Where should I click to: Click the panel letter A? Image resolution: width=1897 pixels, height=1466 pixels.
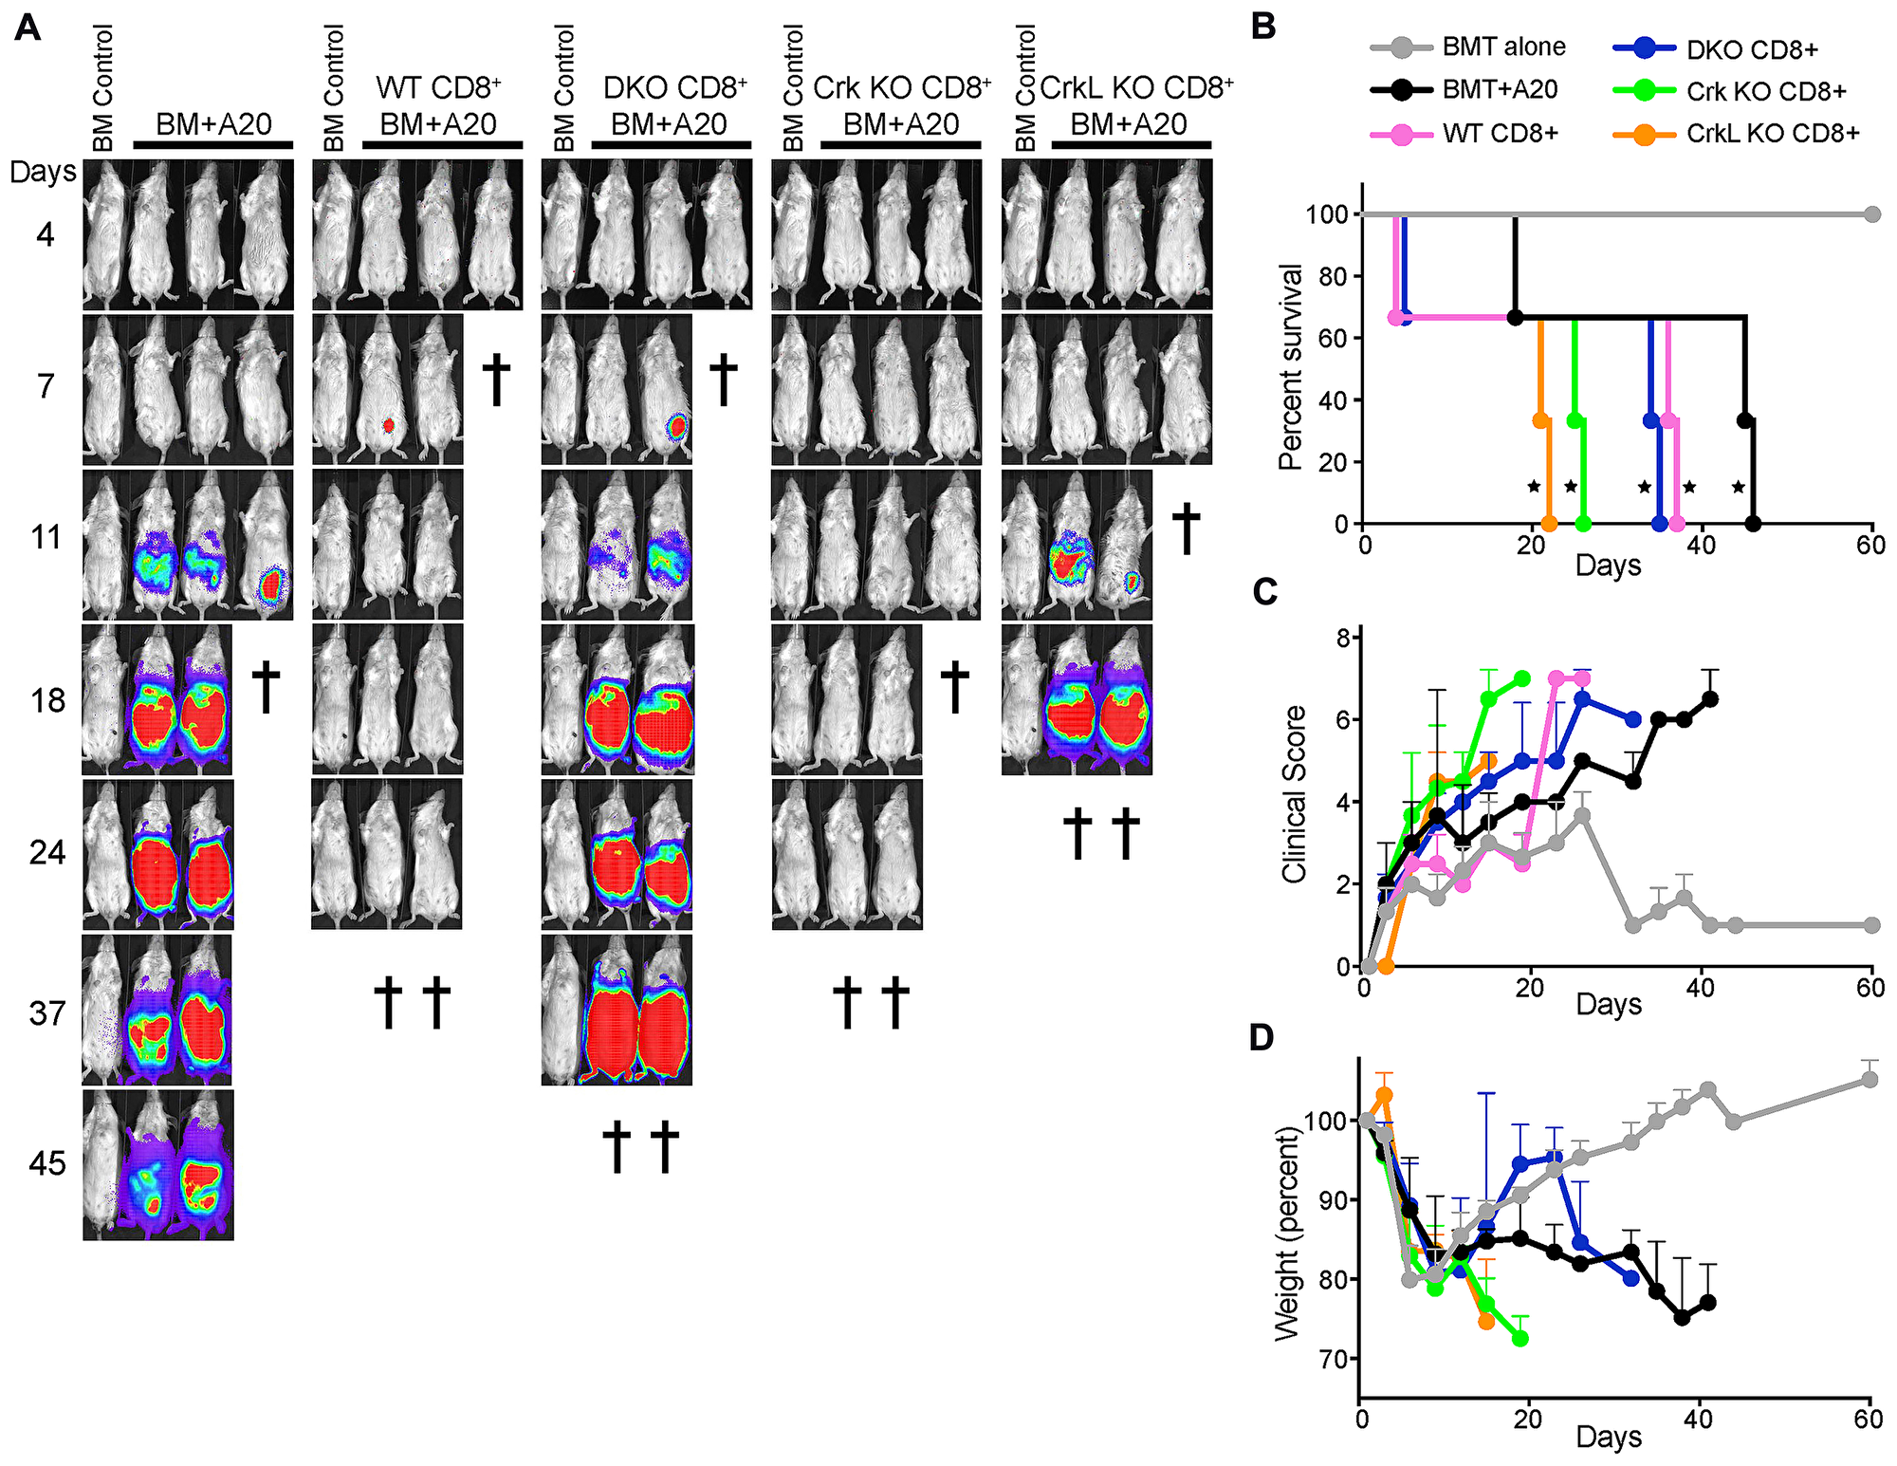(28, 28)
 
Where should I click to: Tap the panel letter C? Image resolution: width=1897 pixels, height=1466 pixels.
(1265, 591)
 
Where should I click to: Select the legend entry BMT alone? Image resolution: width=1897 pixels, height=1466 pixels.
(1502, 46)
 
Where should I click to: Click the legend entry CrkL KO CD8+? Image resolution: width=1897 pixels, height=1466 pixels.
(1772, 134)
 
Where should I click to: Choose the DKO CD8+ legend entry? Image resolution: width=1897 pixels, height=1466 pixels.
(1751, 49)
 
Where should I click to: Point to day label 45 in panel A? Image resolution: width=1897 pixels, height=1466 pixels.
(47, 1163)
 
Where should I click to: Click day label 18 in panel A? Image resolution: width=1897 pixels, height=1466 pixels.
(47, 701)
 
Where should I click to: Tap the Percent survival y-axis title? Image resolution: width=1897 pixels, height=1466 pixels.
(1291, 367)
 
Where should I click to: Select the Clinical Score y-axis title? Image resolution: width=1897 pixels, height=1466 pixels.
(1294, 795)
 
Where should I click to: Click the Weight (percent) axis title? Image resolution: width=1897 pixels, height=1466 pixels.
(1287, 1234)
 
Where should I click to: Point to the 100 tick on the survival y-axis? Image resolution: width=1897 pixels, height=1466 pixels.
(1327, 214)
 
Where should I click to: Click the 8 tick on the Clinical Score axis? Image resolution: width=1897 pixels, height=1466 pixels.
(1343, 639)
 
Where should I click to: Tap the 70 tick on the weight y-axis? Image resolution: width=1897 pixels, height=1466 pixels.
(1333, 1359)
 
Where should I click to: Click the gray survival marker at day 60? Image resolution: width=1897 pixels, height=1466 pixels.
(1871, 214)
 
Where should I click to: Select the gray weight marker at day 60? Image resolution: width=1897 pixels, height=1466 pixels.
(1869, 1080)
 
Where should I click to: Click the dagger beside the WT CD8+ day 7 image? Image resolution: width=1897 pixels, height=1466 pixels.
(496, 380)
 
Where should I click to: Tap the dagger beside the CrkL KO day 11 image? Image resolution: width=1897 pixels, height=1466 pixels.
(1186, 529)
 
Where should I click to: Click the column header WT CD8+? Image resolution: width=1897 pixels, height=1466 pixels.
(438, 88)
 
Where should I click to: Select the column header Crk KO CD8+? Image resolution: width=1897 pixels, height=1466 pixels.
(901, 88)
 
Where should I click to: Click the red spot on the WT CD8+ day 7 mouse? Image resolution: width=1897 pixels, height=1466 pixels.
(388, 425)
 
